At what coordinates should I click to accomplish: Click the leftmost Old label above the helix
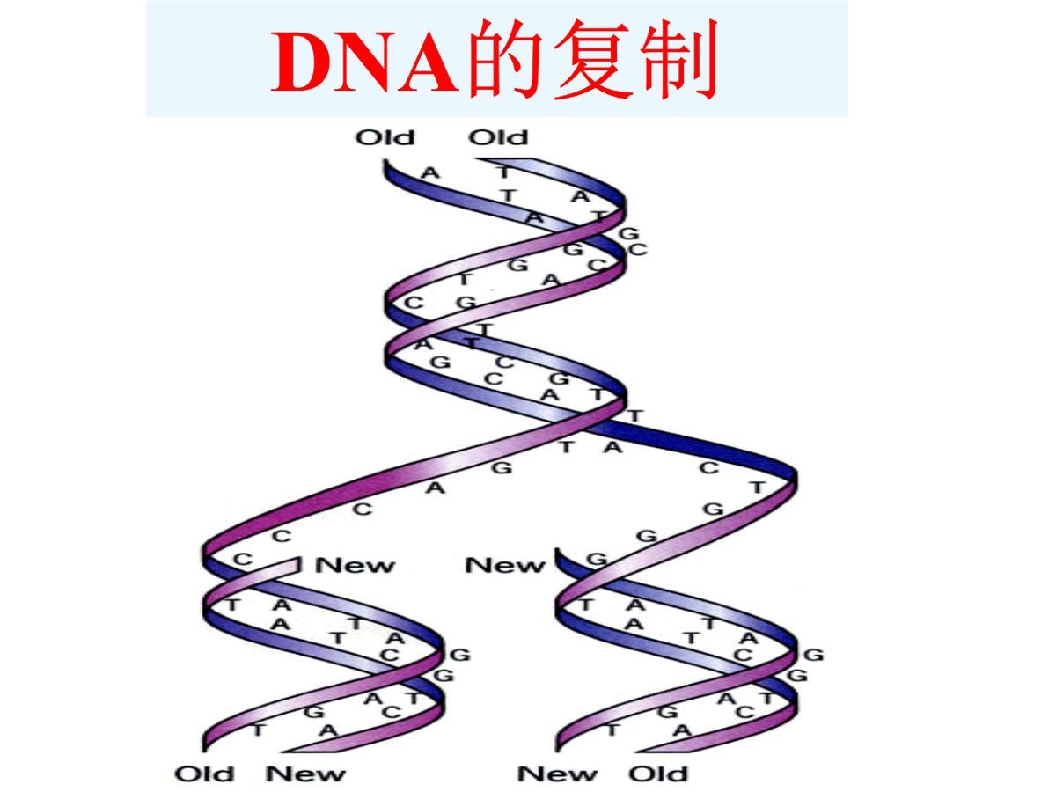[385, 137]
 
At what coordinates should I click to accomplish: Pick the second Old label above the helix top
[498, 137]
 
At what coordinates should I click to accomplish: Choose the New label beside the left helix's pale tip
[356, 565]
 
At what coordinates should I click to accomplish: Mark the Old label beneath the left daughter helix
[205, 774]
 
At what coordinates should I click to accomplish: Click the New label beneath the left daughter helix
[306, 774]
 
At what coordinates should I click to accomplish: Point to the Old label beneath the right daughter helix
[657, 774]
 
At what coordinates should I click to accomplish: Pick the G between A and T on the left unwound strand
[502, 467]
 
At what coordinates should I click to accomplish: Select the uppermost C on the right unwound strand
[708, 468]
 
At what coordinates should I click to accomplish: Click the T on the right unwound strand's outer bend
[758, 487]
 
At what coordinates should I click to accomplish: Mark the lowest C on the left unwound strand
[243, 559]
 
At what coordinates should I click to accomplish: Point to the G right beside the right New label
[597, 559]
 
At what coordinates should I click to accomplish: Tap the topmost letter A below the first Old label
[430, 172]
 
